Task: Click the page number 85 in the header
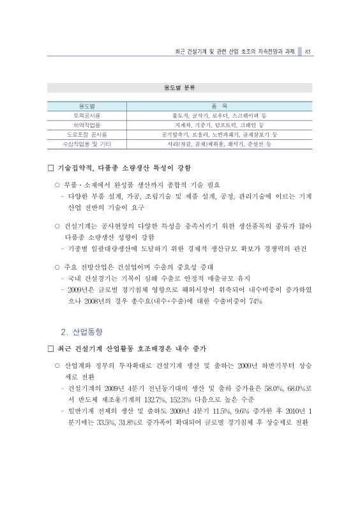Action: tap(307, 52)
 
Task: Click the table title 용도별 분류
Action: tap(179, 88)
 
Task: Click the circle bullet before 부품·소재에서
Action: tap(57, 185)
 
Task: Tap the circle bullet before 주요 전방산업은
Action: tap(57, 266)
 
